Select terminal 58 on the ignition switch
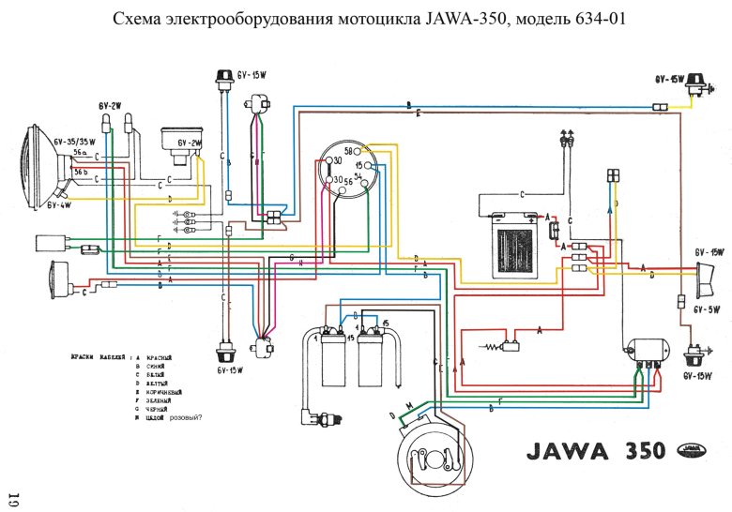tap(348, 151)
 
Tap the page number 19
tap(13, 497)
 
